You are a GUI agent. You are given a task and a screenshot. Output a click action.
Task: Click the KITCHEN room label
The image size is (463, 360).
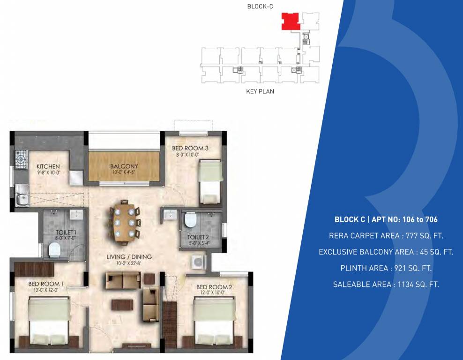coord(48,166)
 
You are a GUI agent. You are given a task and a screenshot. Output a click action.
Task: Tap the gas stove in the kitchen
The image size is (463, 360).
coord(22,160)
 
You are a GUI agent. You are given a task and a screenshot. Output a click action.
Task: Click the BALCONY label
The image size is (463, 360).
coord(124,166)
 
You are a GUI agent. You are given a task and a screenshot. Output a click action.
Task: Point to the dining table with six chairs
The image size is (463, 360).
coord(125,221)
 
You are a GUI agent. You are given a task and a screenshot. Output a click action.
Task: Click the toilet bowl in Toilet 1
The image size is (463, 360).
coord(54,250)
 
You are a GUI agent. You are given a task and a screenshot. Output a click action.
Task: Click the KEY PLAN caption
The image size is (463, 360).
coord(260,91)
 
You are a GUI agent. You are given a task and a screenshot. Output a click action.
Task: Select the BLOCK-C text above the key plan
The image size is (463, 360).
coord(260,6)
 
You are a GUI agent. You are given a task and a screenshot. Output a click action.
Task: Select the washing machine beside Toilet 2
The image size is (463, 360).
coord(197,262)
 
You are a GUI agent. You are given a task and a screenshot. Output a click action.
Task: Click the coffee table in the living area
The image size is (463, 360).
coord(122,304)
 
